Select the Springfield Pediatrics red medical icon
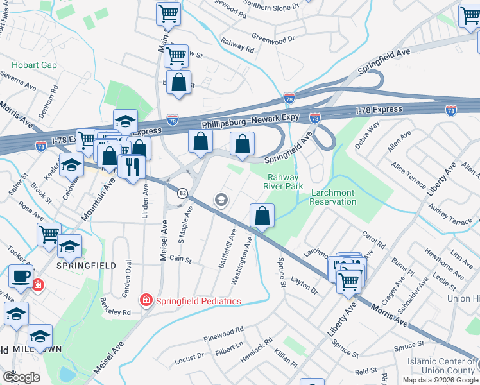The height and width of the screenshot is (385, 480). pyautogui.click(x=146, y=300)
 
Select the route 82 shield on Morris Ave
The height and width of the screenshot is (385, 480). pyautogui.click(x=183, y=193)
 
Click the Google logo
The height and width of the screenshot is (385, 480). pyautogui.click(x=22, y=377)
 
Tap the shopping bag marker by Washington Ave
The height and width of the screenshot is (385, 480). pyautogui.click(x=262, y=216)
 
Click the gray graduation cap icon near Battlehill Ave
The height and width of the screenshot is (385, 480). pyautogui.click(x=221, y=201)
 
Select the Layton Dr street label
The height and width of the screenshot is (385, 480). pyautogui.click(x=305, y=286)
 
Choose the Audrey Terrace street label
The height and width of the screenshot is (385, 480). pyautogui.click(x=450, y=216)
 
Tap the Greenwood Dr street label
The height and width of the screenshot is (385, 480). pyautogui.click(x=273, y=38)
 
